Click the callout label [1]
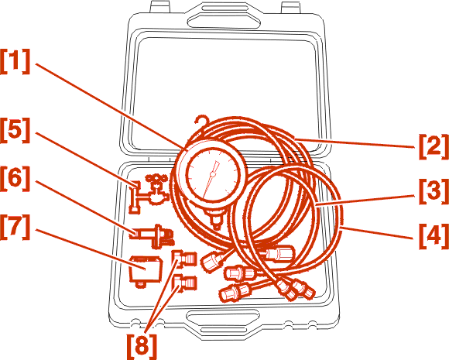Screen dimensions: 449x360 click(x=15, y=62)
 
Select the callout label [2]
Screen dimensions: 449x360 click(x=434, y=146)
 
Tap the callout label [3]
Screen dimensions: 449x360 click(x=434, y=191)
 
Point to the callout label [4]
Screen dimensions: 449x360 click(x=434, y=237)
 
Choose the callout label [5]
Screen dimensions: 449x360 click(x=15, y=130)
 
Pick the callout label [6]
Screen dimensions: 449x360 click(x=15, y=179)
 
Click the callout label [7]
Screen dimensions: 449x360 click(x=15, y=227)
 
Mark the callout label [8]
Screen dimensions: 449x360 click(x=142, y=346)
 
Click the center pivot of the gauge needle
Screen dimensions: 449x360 click(x=212, y=174)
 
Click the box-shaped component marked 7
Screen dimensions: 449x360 click(x=146, y=271)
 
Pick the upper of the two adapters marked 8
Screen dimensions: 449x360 click(x=185, y=258)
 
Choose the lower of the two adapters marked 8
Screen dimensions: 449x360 click(x=185, y=283)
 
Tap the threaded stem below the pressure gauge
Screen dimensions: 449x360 click(x=216, y=219)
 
